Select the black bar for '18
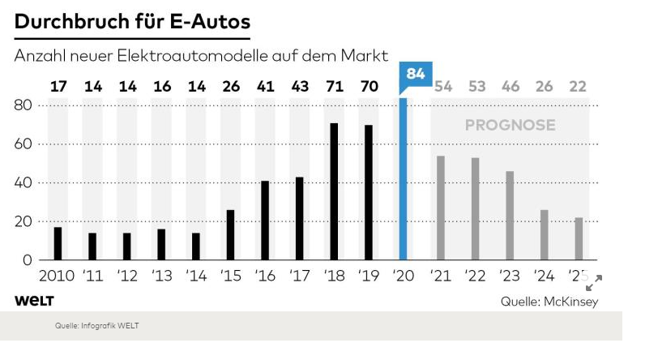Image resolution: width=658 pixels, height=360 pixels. pos(334,191)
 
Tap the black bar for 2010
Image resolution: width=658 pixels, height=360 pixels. pos(58,243)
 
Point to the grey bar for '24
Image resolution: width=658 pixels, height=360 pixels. pos(544,235)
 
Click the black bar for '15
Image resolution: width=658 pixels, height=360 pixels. pos(230,235)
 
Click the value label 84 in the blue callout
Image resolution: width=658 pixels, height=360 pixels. pos(416,75)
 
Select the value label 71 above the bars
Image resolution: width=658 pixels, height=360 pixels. pos(334,87)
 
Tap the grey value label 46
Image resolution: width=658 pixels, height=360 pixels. pos(510,87)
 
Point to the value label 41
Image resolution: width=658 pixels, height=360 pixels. pos(265,87)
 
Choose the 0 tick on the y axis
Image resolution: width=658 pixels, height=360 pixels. pos(27,260)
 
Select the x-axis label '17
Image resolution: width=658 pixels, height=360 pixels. pos(300,276)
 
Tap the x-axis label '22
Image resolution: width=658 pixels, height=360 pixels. pos(476,276)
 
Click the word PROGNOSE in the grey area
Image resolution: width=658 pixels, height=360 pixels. pos(510,126)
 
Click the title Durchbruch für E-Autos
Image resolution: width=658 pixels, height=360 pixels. pos(131,22)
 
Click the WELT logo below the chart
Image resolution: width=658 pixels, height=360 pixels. pos(33,301)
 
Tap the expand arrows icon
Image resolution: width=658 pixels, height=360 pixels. pos(594,282)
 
